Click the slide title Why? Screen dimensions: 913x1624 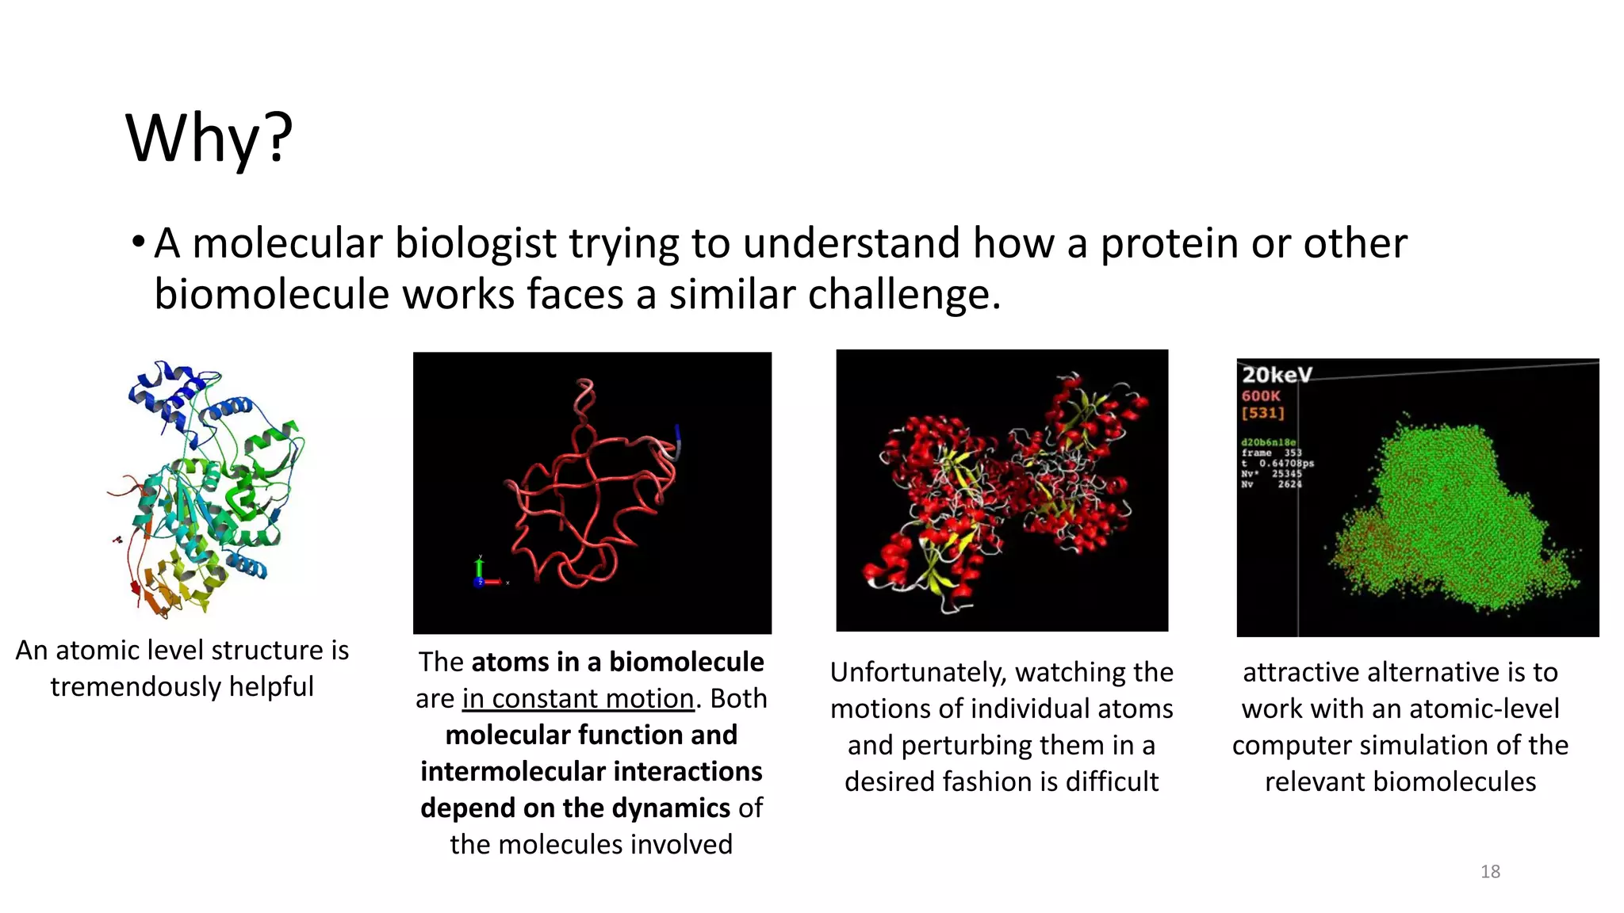(209, 139)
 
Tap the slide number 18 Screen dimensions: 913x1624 (1490, 872)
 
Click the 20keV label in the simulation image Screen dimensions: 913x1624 (1277, 375)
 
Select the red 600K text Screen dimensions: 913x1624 (1261, 395)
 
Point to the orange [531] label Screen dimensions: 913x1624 (1262, 413)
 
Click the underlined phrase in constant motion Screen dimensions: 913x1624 (578, 698)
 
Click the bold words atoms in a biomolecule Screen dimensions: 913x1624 (617, 662)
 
